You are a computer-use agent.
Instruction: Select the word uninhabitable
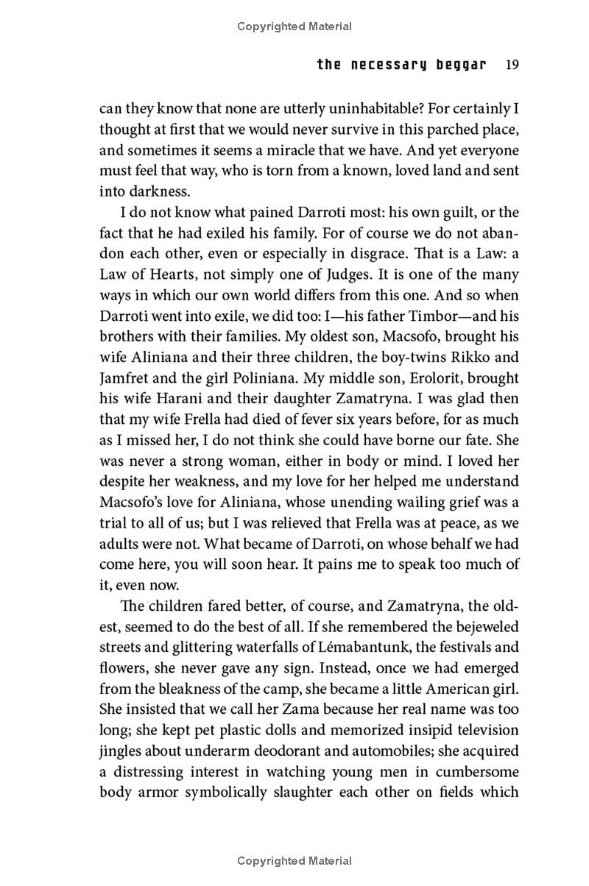[x=358, y=109]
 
